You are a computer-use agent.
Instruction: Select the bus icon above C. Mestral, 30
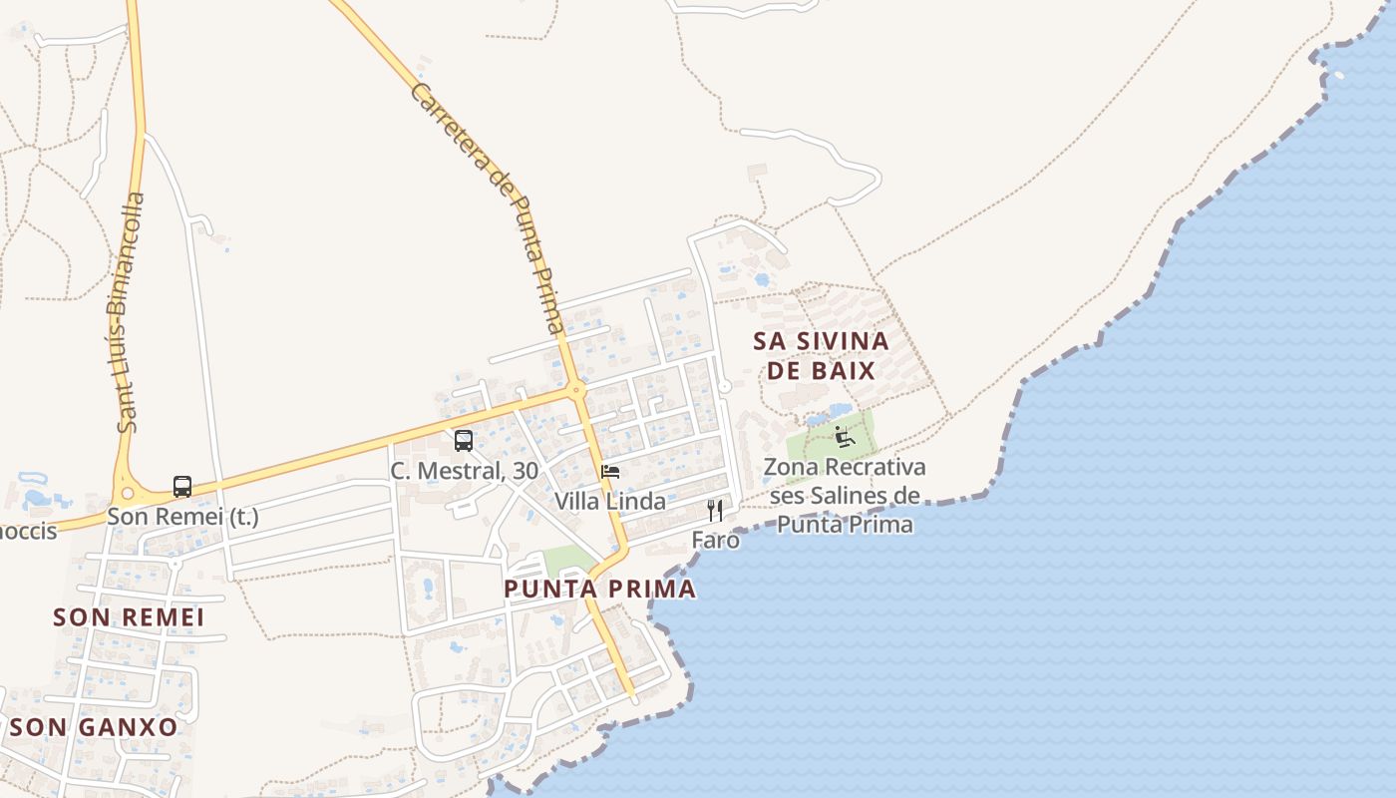tap(464, 440)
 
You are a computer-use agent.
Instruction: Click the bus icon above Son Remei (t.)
tap(182, 487)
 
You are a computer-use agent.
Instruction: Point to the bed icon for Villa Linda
tap(610, 471)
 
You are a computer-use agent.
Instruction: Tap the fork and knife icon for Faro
tap(715, 511)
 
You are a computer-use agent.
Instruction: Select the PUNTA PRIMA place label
tap(599, 589)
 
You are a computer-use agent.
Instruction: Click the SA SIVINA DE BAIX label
tap(820, 355)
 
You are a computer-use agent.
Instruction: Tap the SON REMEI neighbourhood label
tap(129, 617)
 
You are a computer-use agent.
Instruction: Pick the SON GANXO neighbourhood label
tap(94, 726)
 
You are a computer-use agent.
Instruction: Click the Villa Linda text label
tap(610, 501)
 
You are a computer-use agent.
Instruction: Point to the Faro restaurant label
tap(716, 540)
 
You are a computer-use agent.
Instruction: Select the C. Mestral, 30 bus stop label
tap(464, 471)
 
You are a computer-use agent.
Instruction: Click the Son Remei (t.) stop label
tap(182, 517)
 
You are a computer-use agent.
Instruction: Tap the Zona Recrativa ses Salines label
tap(845, 495)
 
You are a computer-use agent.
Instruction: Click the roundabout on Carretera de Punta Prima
tap(576, 390)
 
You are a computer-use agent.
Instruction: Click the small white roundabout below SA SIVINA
tap(725, 386)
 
